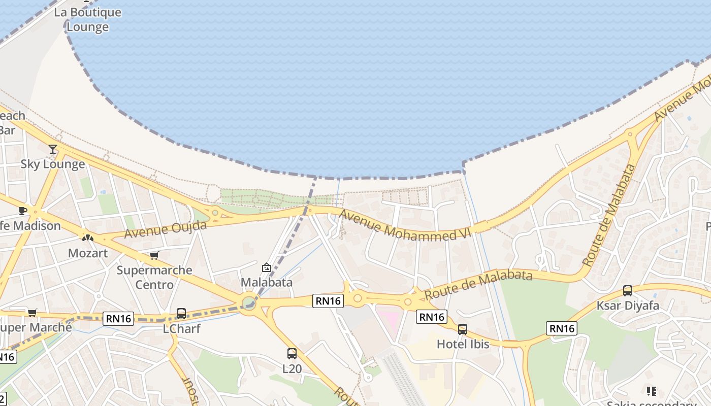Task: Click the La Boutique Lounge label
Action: (88, 20)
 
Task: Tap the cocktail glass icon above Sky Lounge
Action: (53, 149)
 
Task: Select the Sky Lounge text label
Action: (53, 164)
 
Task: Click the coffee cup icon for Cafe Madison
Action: (23, 211)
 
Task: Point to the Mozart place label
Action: (88, 252)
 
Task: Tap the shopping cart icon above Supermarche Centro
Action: (154, 255)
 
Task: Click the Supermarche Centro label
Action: (154, 277)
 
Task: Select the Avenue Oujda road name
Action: (166, 229)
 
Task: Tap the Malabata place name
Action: (267, 282)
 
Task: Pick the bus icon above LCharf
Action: (181, 314)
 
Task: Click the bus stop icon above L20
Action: (292, 354)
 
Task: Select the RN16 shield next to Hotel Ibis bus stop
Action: (432, 317)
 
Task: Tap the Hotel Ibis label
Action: (463, 344)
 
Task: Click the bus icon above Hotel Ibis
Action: (463, 329)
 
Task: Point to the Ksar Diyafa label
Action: (628, 306)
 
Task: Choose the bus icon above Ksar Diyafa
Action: (628, 291)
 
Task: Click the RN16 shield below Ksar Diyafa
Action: (562, 328)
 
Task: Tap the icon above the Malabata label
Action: (267, 267)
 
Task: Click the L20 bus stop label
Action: (292, 368)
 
